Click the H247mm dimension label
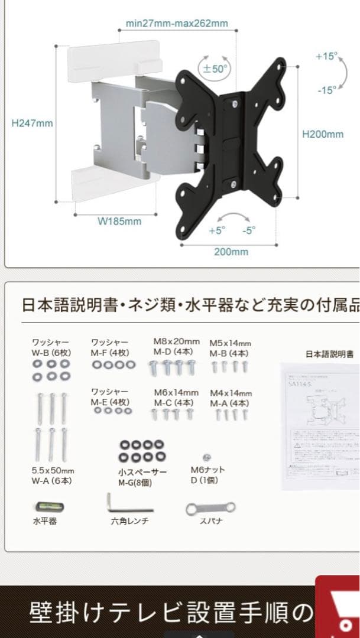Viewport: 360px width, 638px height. [x=32, y=123]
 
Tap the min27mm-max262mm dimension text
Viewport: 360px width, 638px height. [x=177, y=24]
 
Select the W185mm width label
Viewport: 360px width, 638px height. [x=119, y=222]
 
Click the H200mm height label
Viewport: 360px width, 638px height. [x=323, y=134]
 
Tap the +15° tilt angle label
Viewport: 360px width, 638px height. [x=326, y=57]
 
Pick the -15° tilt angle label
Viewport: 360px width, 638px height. [x=326, y=90]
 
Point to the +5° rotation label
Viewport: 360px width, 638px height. [x=216, y=231]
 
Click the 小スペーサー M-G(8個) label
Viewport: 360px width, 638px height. [x=142, y=477]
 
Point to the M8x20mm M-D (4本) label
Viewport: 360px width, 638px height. [x=176, y=347]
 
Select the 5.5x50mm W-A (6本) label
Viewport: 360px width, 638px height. [x=53, y=476]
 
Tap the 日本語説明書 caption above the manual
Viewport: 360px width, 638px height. [x=329, y=354]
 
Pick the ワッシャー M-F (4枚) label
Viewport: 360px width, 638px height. [x=110, y=347]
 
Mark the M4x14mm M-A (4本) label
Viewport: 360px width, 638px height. [x=231, y=398]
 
